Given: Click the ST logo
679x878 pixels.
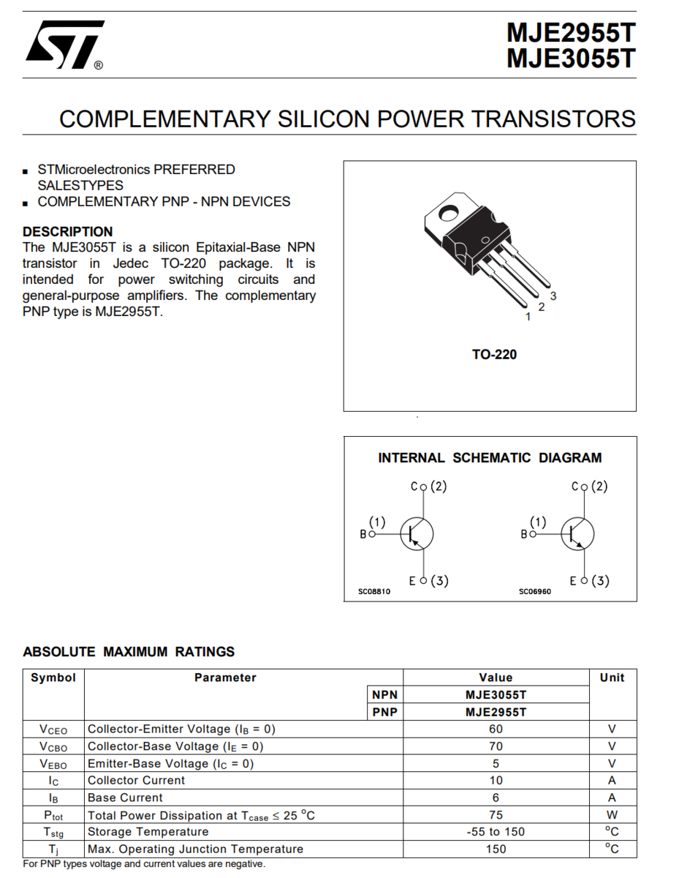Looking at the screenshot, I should coord(64,45).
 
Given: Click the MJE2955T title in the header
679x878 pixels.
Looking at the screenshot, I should coord(571,33).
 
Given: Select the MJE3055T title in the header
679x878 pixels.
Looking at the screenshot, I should coord(571,59).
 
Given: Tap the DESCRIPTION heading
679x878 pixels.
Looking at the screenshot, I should coord(68,231).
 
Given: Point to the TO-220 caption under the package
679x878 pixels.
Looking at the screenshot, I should coord(494,354).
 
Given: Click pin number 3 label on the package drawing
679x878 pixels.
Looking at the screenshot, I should coord(553,296).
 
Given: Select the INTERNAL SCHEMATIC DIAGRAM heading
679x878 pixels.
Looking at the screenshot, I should coord(490,458).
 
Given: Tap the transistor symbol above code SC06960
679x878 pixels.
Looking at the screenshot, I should coord(577,533).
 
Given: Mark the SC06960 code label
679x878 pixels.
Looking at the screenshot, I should coord(534,591).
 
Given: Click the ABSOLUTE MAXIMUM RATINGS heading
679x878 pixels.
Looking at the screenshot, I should coord(129,651).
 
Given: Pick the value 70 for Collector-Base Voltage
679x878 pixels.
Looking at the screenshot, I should coord(496,746).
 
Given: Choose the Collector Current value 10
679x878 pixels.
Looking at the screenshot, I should coord(496,780).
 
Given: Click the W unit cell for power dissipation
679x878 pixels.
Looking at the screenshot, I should coord(612,814).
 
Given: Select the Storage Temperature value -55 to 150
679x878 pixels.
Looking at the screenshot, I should coord(496,832).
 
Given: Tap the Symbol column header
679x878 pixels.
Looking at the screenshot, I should coord(53,678).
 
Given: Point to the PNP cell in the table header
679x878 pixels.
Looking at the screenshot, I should coord(384,712).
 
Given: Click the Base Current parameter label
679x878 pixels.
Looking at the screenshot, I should coord(125,798).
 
